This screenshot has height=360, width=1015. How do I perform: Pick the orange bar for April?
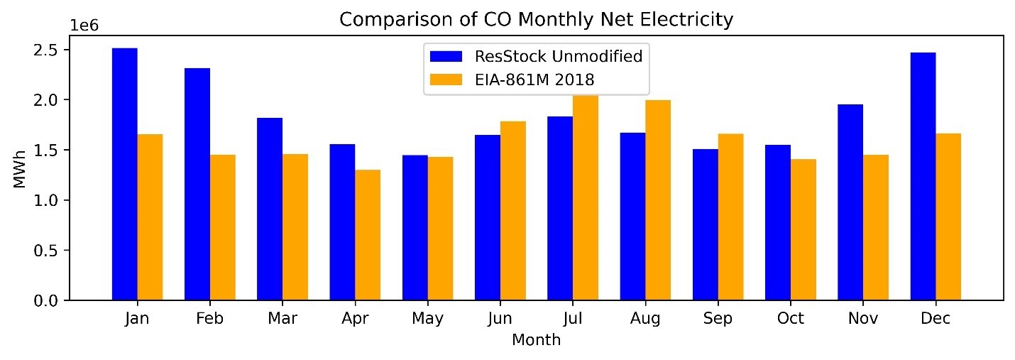[368, 235]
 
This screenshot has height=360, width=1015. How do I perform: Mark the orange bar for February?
[222, 227]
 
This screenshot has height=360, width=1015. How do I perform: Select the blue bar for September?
[706, 224]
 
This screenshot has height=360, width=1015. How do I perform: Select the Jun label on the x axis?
[500, 319]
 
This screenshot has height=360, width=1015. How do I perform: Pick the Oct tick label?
[790, 319]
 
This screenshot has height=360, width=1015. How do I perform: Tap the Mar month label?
[282, 319]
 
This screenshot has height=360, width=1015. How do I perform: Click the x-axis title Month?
[536, 340]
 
